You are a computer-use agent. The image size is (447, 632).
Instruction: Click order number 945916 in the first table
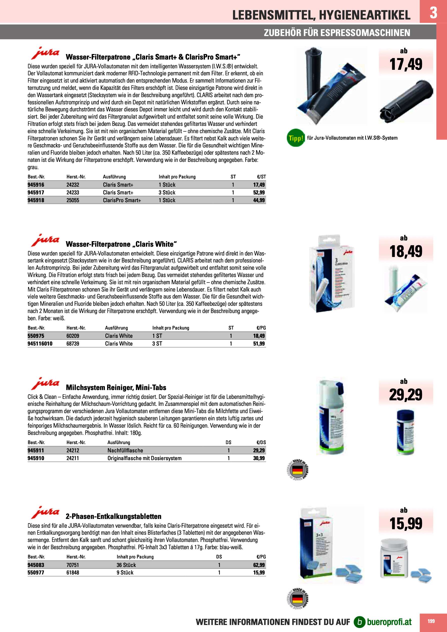(x=36, y=185)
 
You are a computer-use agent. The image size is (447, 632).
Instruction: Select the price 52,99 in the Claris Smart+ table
(x=259, y=192)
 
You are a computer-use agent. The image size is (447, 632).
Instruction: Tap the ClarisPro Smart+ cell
(x=122, y=200)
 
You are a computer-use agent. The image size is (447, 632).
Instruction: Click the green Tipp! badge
(x=296, y=138)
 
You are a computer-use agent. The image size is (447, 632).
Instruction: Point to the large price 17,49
(x=405, y=64)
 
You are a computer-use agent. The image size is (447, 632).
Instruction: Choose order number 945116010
(x=40, y=344)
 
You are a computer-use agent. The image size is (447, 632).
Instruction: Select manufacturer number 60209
(x=73, y=336)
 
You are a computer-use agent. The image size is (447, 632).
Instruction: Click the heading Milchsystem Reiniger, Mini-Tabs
(x=116, y=388)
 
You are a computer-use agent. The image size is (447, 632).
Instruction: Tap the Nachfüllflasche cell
(x=125, y=450)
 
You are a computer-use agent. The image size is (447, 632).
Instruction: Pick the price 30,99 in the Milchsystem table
(x=259, y=458)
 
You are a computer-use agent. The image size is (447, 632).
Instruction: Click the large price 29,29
(x=405, y=395)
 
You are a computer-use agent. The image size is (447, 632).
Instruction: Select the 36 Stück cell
(x=126, y=565)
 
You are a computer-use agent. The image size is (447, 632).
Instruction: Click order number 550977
(x=36, y=572)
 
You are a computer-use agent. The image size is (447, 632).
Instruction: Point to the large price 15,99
(x=405, y=524)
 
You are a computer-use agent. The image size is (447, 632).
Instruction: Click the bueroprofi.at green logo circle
(x=359, y=622)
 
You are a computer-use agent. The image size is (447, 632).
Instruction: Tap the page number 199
(x=431, y=621)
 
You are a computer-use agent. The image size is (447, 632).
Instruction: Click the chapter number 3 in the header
(x=433, y=13)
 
